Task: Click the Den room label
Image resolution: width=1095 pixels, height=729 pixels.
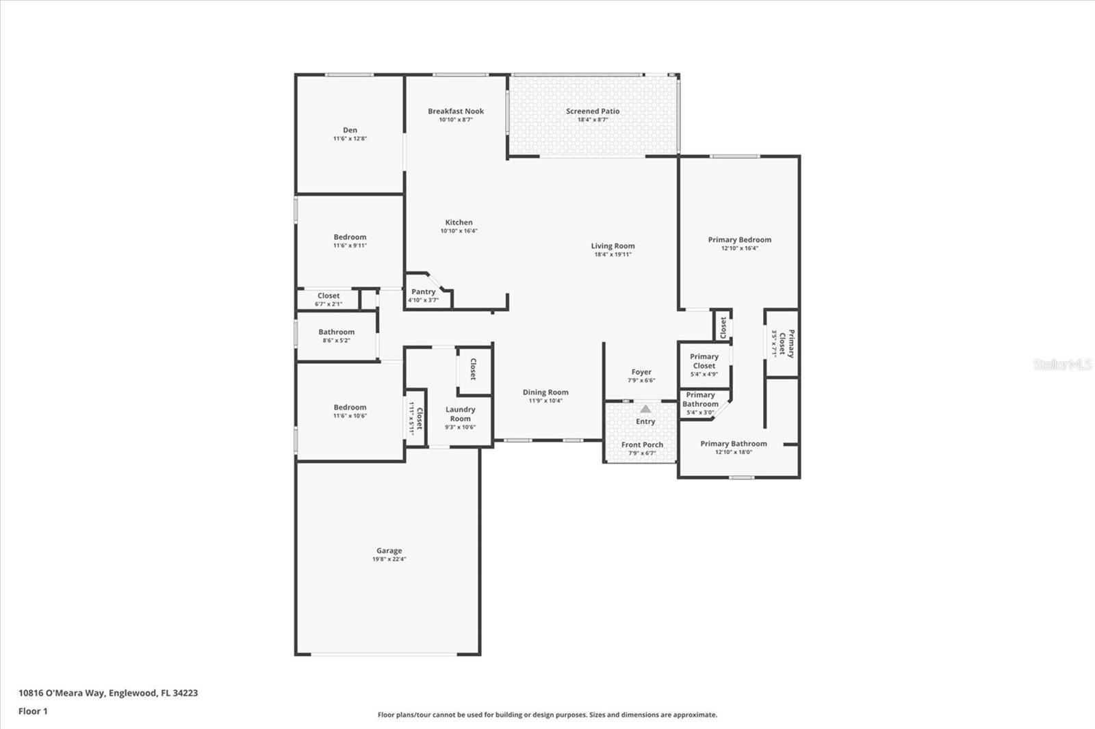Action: point(350,130)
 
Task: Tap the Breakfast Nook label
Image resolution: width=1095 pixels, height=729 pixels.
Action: point(456,111)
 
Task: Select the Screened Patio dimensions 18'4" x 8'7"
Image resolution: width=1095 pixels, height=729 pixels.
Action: point(593,120)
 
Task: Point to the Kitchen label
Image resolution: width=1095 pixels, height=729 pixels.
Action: point(459,222)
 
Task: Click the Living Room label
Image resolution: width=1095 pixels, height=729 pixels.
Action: point(613,246)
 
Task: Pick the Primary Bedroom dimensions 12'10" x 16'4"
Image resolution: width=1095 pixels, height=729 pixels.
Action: point(740,248)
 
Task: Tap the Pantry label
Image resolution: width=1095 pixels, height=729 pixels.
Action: point(423,292)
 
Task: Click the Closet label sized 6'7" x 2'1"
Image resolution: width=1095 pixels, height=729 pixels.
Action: point(328,295)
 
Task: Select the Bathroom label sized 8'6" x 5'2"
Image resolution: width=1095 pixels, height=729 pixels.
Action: point(336,332)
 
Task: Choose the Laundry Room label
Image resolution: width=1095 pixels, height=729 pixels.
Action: point(460,414)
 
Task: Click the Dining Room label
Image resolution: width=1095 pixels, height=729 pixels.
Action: point(545,392)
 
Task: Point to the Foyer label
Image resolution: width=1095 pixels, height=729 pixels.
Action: point(641,372)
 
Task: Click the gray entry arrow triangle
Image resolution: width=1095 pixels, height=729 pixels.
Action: point(646,409)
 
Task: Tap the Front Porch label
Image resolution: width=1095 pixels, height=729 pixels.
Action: point(642,445)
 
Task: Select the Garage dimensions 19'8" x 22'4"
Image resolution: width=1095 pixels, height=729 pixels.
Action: point(389,559)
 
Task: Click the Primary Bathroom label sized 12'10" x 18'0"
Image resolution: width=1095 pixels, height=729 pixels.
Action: point(733,444)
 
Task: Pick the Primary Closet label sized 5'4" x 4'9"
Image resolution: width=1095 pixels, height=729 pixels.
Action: point(704,361)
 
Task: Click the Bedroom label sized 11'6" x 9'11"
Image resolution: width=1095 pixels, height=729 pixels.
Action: point(350,237)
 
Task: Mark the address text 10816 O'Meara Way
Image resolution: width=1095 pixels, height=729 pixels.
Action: point(62,693)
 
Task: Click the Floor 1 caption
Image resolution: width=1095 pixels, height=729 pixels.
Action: point(34,711)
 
